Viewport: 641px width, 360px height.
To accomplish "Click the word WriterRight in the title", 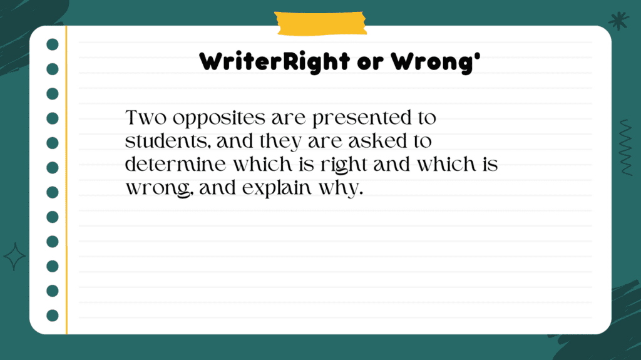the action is coord(274,62).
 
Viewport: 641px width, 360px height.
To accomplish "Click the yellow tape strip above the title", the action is coord(320,23).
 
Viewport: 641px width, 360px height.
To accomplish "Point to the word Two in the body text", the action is coord(146,118).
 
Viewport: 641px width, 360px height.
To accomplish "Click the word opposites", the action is coord(219,119).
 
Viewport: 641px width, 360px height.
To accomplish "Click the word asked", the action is coord(377,141).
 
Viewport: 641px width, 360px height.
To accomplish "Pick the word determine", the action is coord(175,165).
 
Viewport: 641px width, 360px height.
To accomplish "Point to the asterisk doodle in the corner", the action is coord(618,21).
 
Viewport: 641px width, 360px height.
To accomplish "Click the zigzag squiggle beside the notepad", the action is coord(626,147).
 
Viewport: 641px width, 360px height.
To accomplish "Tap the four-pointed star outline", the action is coord(15,257).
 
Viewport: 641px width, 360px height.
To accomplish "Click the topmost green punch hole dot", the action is coord(53,44).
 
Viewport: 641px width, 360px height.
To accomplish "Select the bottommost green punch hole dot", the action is coord(53,316).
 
